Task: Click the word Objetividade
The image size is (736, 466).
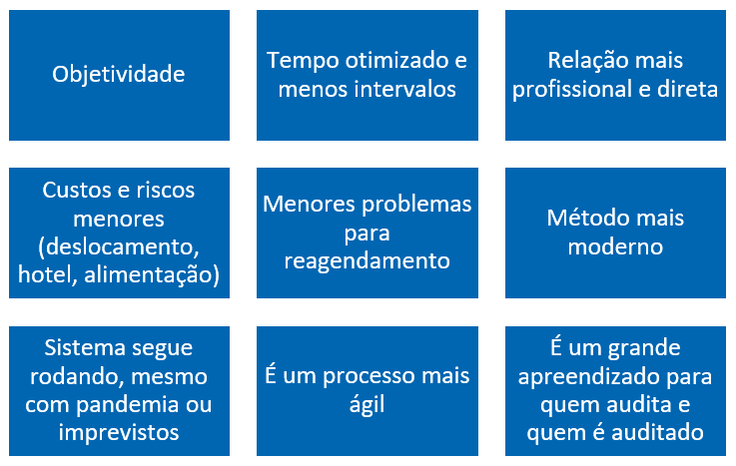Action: click(x=118, y=75)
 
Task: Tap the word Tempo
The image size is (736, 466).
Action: click(x=302, y=62)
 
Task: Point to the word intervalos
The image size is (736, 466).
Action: click(x=404, y=89)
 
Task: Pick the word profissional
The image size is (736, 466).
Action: click(x=571, y=90)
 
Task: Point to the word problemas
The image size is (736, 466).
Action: click(x=416, y=206)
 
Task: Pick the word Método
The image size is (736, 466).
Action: click(x=579, y=218)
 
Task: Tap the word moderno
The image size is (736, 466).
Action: click(x=615, y=246)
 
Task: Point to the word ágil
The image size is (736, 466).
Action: click(x=368, y=405)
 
